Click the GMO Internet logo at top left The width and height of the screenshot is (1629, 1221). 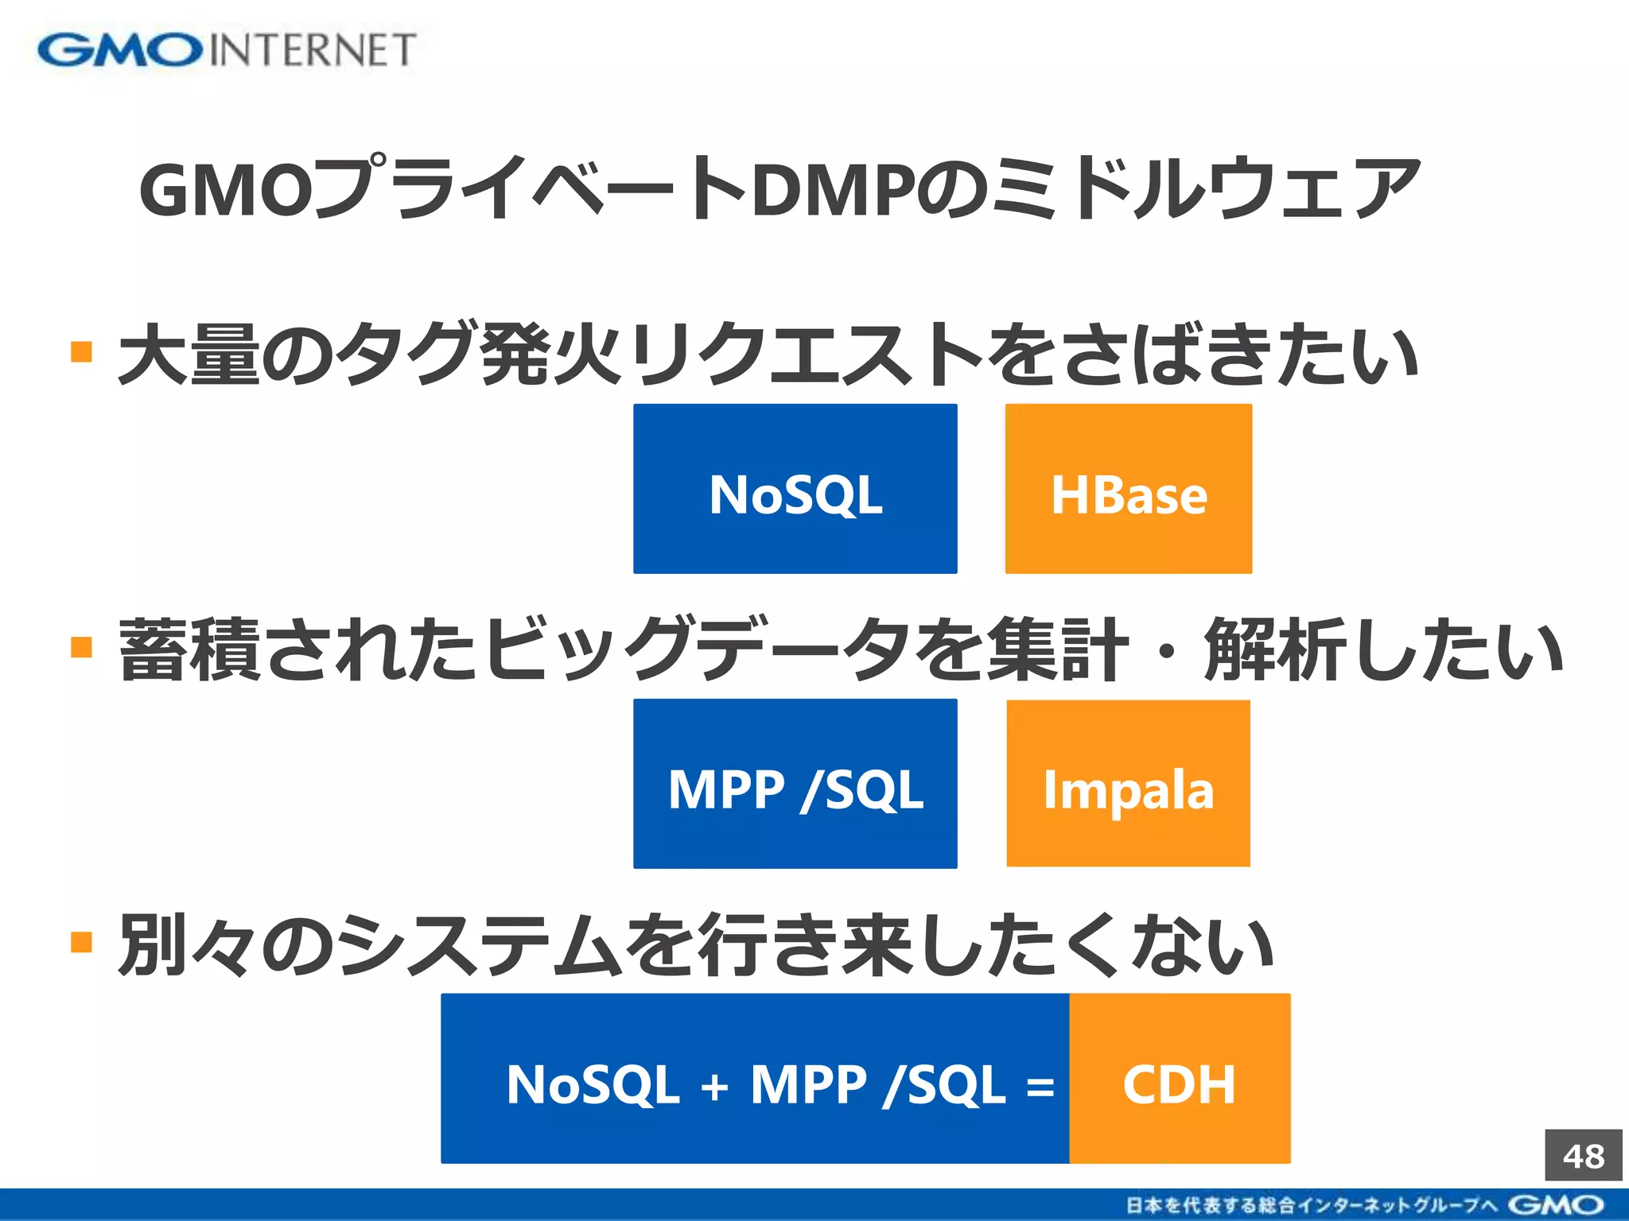[x=227, y=50]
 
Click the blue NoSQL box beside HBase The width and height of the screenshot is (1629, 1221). [x=795, y=489]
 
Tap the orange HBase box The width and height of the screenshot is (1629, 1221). [x=1128, y=489]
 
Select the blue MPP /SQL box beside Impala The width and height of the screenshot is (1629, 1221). [x=795, y=784]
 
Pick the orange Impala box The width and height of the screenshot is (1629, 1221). [x=1128, y=784]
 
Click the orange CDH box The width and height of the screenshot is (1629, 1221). [x=1180, y=1079]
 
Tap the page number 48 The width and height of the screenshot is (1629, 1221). [x=1583, y=1156]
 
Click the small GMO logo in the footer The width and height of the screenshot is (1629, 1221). [x=1555, y=1205]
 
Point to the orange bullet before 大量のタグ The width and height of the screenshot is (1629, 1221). [x=81, y=351]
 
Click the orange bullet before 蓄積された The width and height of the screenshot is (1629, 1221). [x=81, y=646]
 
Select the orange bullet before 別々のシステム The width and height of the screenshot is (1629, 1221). [x=81, y=942]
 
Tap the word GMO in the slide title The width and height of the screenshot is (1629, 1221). [x=226, y=191]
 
